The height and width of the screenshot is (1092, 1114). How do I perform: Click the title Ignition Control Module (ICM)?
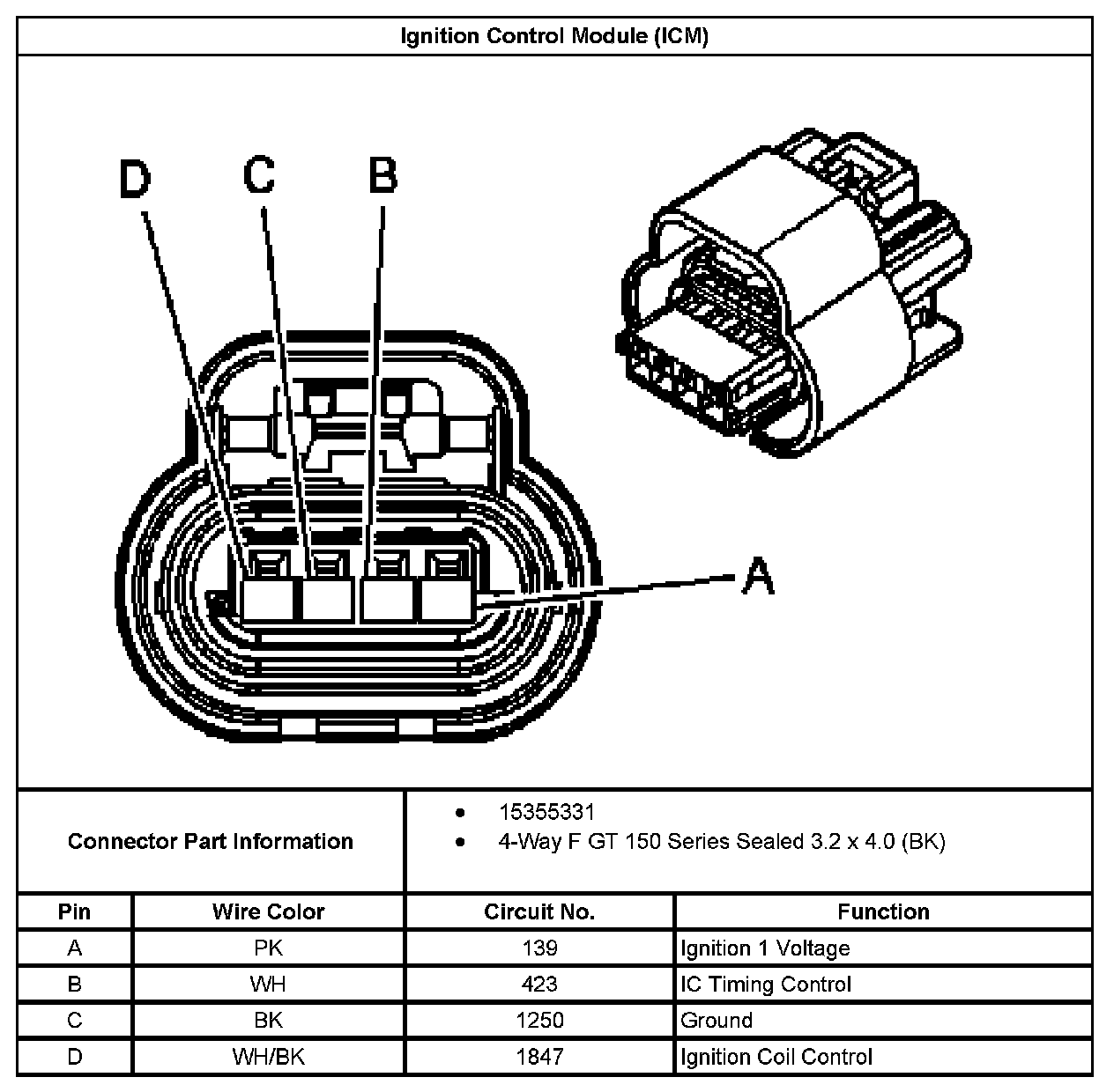pos(554,36)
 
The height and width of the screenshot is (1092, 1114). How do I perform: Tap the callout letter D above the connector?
pos(135,179)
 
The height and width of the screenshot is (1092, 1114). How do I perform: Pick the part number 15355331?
pos(546,812)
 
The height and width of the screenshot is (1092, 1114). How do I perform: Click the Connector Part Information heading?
pos(211,841)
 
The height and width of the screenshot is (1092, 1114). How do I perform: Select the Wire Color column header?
pos(268,911)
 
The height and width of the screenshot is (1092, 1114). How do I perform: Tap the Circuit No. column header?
pos(539,911)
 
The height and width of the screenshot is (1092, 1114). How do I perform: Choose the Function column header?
pos(883,911)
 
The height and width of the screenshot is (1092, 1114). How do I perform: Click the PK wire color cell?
pos(268,948)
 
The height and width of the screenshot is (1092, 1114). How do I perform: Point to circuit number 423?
pos(539,985)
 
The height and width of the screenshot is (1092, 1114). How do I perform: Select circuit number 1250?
pos(539,1021)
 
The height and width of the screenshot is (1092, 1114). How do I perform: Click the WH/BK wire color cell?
pos(268,1057)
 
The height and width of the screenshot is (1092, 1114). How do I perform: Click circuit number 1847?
pos(539,1057)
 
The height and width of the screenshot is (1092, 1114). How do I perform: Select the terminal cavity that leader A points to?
pos(447,601)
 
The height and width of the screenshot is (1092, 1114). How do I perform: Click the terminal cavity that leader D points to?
pos(268,601)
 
